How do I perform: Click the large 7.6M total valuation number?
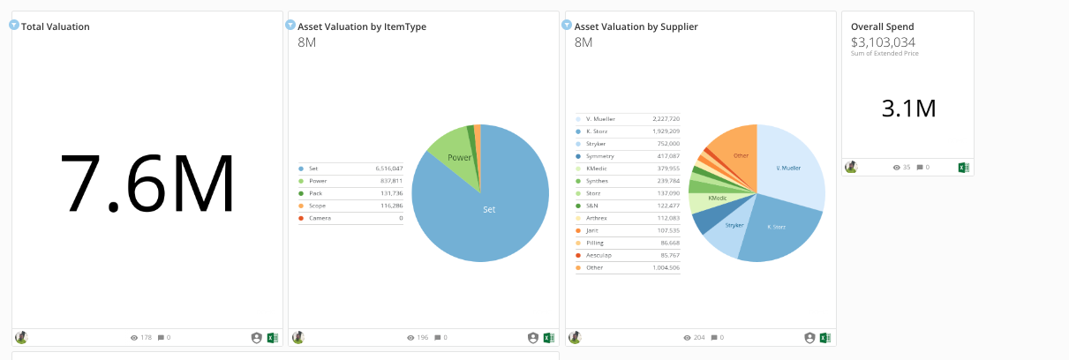(x=147, y=184)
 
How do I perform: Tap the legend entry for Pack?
(x=319, y=192)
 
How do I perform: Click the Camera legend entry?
(x=321, y=217)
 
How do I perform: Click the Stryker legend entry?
(x=597, y=143)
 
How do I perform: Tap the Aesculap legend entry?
(x=600, y=254)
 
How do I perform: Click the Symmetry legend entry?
(x=600, y=155)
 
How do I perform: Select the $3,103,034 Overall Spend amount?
(x=883, y=41)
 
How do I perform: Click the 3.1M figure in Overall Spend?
(x=908, y=109)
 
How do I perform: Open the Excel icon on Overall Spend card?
(x=964, y=167)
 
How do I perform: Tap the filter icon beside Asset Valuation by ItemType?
(x=291, y=25)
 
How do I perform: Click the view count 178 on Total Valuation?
(x=147, y=337)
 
